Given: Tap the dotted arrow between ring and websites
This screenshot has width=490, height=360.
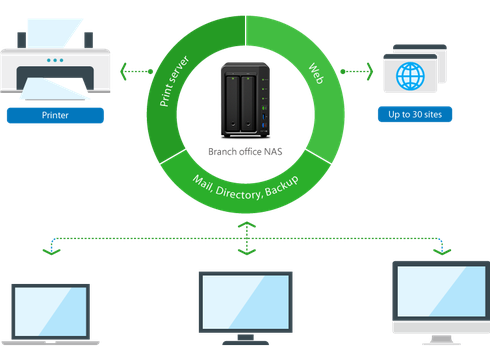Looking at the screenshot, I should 356,71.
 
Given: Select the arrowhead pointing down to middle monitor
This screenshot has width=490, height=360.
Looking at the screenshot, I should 245,254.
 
